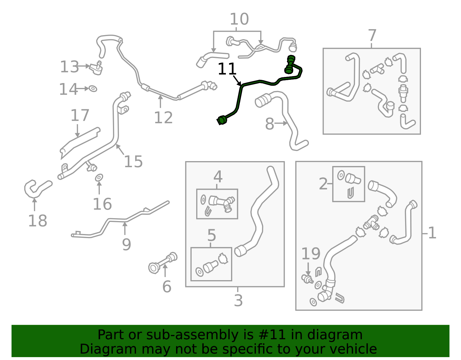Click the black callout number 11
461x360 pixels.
(227, 69)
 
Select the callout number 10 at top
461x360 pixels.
(239, 19)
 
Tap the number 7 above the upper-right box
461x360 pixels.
(372, 36)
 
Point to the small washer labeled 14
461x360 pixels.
(93, 88)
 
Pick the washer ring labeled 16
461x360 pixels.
(99, 178)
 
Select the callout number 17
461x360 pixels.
(80, 115)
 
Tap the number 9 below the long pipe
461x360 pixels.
(126, 244)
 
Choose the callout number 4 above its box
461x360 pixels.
(218, 177)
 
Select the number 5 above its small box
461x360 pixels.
(211, 235)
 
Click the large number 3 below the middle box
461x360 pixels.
(238, 300)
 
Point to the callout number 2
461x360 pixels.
(323, 184)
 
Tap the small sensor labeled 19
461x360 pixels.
(307, 279)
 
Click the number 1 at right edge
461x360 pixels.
(432, 233)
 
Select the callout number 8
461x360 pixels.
(269, 124)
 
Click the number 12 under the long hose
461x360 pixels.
(163, 118)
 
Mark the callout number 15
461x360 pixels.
(133, 161)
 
